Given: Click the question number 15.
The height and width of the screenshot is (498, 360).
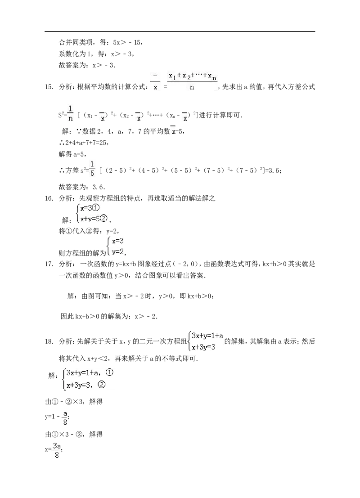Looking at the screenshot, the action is click(49, 87).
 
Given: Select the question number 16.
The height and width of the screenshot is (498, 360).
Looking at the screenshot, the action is click(49, 198).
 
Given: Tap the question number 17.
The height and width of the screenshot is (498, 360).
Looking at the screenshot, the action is click(49, 264).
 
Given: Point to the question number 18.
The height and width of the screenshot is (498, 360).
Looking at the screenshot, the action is click(49, 342).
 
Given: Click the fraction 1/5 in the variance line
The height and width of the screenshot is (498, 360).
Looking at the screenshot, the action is click(92, 169).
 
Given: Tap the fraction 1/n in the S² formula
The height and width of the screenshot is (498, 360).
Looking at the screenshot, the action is click(71, 113).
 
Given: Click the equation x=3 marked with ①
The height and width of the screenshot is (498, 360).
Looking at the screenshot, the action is click(90, 208).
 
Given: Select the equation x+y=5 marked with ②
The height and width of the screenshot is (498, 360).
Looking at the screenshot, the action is click(94, 219).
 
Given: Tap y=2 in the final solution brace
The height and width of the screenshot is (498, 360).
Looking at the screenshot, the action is click(117, 252).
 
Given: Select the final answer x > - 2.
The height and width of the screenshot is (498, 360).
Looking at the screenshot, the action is click(146, 316).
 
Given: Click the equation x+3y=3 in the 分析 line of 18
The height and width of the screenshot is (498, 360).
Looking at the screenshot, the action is click(203, 347).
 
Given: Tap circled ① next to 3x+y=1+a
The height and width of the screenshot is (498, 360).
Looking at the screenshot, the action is click(109, 372).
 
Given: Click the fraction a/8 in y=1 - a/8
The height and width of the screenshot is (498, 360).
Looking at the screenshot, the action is click(65, 418).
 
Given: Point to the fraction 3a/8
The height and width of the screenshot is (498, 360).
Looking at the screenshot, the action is click(57, 451).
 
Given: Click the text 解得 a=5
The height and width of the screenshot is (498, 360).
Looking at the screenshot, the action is click(72, 154).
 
